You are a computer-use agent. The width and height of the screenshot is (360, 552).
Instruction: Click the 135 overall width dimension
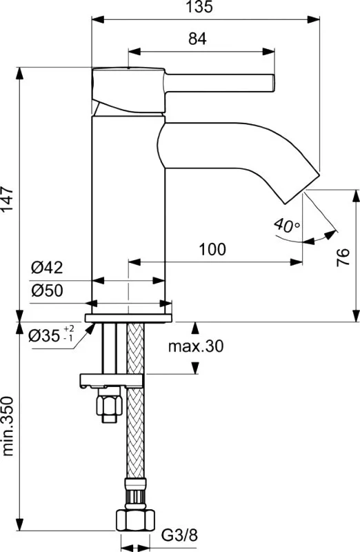(199, 7)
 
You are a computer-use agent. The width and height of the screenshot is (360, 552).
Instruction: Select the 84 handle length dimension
(197, 39)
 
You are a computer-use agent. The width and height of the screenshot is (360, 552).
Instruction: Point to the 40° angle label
(287, 225)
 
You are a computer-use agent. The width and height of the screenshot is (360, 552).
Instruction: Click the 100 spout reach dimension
(212, 249)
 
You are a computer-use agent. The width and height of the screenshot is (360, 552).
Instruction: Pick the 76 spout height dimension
(343, 257)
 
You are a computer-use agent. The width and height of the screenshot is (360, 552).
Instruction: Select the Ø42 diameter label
(47, 268)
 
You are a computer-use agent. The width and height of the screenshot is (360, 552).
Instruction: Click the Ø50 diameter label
(47, 290)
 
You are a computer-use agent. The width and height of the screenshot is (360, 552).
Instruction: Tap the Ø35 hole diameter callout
(52, 335)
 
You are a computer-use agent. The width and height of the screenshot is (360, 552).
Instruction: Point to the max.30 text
(196, 346)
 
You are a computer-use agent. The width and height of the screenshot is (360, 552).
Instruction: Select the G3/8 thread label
(179, 536)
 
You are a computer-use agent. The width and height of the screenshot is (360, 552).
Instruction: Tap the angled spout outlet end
(302, 188)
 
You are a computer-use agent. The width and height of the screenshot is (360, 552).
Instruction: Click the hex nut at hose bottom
(135, 519)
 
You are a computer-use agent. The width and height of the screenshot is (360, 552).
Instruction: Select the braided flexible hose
(135, 402)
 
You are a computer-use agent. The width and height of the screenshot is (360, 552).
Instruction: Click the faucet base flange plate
(128, 318)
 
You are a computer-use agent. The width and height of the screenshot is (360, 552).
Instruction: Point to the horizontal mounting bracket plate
(112, 381)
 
